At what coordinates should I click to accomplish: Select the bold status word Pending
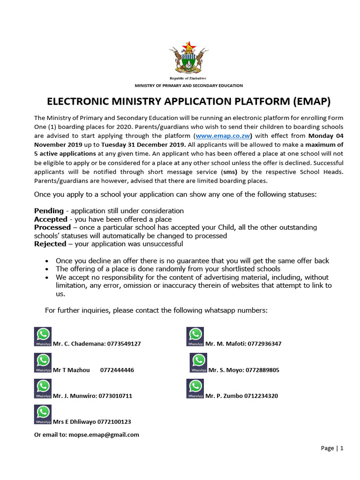click(x=49, y=211)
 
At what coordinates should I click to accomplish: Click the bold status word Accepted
click(x=51, y=219)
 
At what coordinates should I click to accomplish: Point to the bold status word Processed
click(x=52, y=227)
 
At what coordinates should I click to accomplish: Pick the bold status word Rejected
click(x=50, y=244)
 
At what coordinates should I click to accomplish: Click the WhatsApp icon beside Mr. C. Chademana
click(x=43, y=337)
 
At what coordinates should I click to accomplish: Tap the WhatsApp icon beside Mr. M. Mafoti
click(x=195, y=337)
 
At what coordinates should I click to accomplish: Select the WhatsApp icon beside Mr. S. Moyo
click(x=198, y=363)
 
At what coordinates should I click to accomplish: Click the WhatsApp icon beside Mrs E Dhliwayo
click(x=43, y=414)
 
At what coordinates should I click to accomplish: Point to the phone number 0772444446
click(x=117, y=370)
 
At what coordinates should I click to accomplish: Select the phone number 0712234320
click(x=260, y=396)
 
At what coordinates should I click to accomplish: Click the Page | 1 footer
click(x=332, y=448)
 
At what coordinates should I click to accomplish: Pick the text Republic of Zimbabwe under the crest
click(x=187, y=78)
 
